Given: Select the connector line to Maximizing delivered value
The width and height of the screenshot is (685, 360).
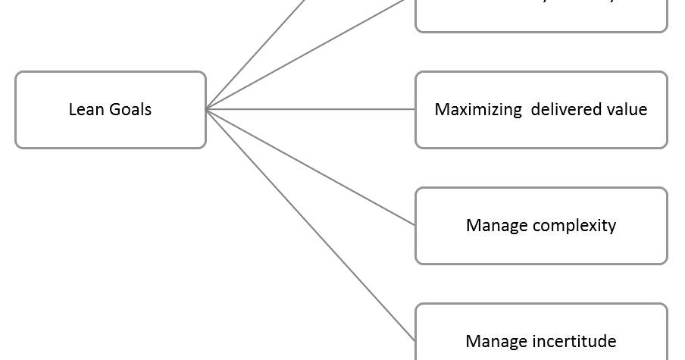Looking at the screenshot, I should click(x=311, y=109).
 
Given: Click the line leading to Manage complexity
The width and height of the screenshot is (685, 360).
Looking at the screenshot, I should click(x=311, y=167).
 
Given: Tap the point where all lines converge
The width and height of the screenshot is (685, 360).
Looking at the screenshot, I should click(x=207, y=109).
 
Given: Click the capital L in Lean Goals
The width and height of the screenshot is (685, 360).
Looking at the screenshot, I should click(x=72, y=110).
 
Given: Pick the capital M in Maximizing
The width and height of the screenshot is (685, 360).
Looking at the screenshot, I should click(x=442, y=110).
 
